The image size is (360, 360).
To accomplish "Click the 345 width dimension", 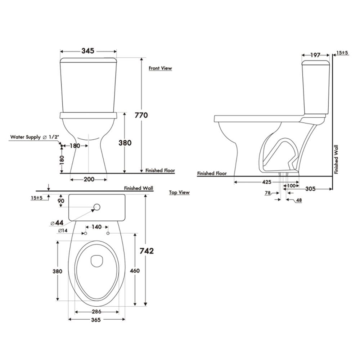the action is pyautogui.click(x=88, y=51).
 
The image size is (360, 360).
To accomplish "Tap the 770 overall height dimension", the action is pyautogui.click(x=141, y=115).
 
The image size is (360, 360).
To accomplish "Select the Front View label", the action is pyautogui.click(x=160, y=68).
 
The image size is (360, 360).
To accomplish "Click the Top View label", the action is pyautogui.click(x=179, y=192).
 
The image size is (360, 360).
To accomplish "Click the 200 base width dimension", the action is pyautogui.click(x=89, y=179).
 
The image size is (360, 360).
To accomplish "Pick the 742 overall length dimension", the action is pyautogui.click(x=147, y=251).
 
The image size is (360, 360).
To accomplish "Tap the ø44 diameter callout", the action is pyautogui.click(x=57, y=223).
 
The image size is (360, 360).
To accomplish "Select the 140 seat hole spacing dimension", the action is pyautogui.click(x=96, y=227).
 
